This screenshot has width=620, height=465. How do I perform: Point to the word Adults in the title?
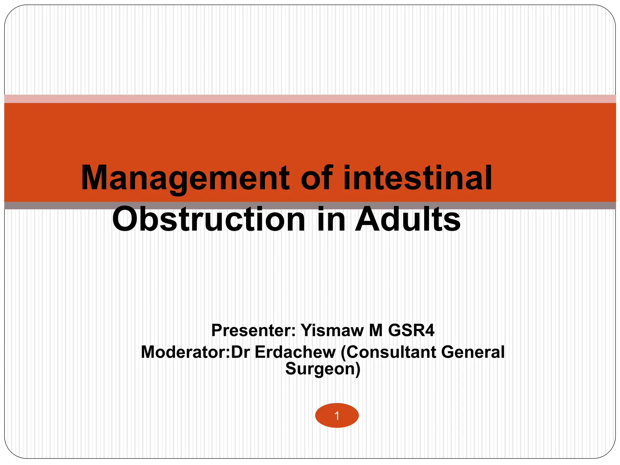coord(407,219)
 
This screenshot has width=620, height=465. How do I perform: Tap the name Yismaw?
coord(332,330)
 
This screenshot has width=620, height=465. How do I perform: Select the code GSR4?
coord(411,330)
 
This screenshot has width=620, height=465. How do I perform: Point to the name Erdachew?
coord(295,352)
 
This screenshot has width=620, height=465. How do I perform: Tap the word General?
coord(473,352)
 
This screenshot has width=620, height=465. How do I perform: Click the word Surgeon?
coord(321,369)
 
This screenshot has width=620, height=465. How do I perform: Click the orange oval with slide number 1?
coord(337,415)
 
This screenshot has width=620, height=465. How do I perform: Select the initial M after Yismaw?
coord(376,330)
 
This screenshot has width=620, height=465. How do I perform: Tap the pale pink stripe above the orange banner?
coord(310,99)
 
